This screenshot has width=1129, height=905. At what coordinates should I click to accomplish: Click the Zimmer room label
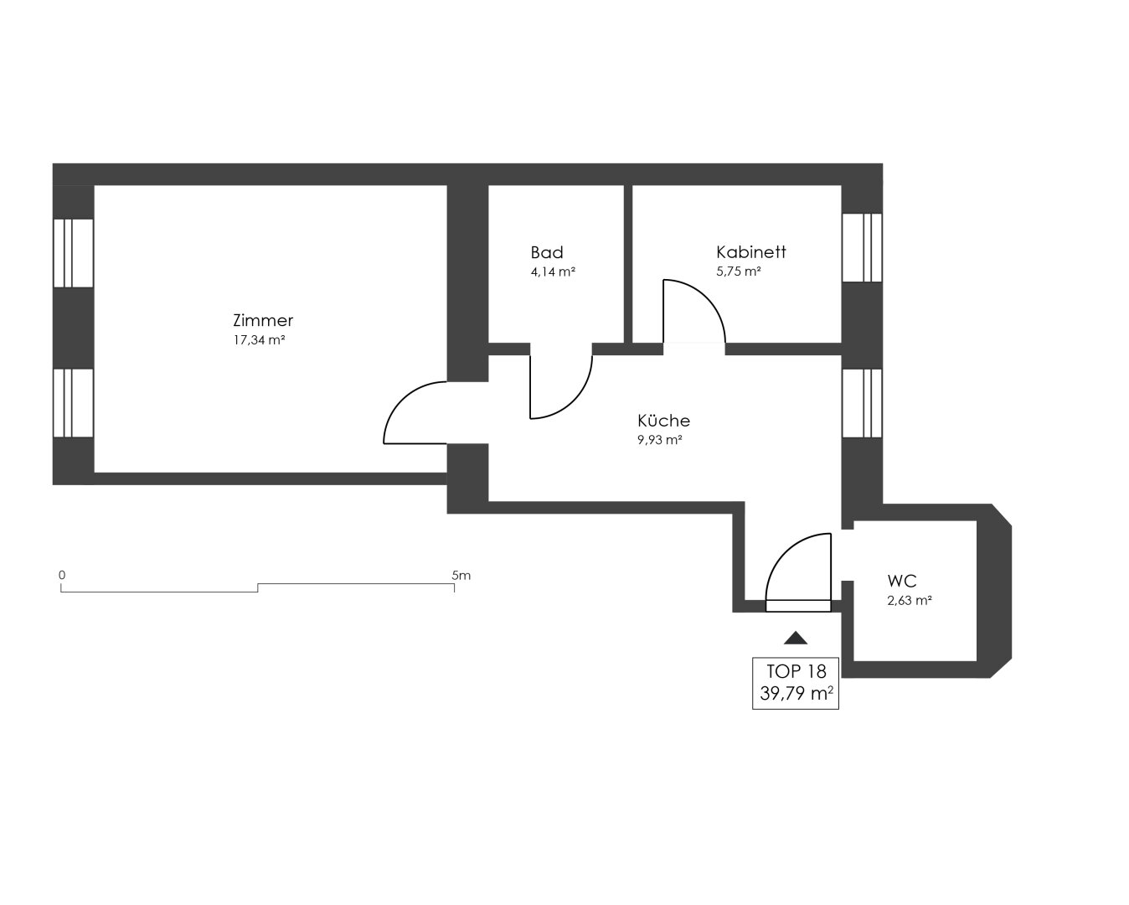click(x=263, y=320)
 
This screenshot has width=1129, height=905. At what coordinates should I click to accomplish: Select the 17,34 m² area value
click(x=259, y=340)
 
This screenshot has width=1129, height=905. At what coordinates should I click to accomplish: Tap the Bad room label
click(x=547, y=252)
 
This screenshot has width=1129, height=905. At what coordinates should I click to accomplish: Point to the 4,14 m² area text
click(x=553, y=272)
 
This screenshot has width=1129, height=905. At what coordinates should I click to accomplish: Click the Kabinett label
click(x=750, y=252)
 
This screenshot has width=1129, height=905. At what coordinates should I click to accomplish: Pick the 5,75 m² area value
click(x=739, y=271)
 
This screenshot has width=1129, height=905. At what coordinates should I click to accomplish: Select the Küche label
click(x=663, y=421)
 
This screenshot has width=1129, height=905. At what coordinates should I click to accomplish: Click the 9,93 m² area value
click(x=660, y=440)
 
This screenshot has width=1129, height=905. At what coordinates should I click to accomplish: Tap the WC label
click(x=902, y=581)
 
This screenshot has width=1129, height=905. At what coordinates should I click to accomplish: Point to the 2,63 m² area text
click(x=910, y=601)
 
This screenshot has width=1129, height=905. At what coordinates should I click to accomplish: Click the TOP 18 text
click(x=796, y=671)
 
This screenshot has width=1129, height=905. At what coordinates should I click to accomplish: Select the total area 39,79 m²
click(x=796, y=694)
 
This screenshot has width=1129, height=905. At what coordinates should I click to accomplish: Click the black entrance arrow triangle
click(x=796, y=638)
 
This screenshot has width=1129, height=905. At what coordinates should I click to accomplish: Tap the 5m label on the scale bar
click(x=461, y=576)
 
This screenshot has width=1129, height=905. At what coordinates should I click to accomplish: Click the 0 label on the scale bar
click(x=62, y=576)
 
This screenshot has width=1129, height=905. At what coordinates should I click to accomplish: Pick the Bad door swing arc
click(x=575, y=401)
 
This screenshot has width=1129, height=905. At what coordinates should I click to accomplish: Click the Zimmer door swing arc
click(x=402, y=400)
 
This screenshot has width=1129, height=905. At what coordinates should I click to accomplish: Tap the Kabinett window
click(x=862, y=248)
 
